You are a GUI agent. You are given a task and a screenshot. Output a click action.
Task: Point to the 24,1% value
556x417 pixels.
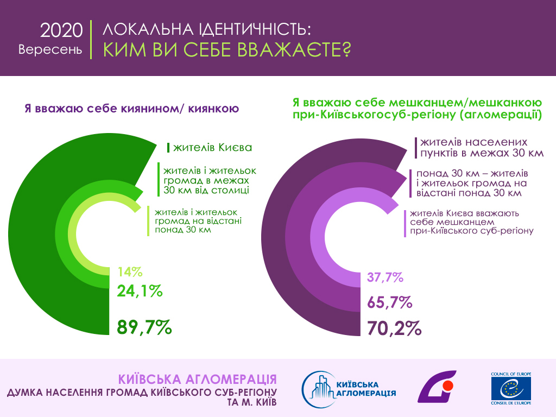(140, 291)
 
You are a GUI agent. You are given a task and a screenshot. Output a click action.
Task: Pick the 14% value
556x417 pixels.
(129, 271)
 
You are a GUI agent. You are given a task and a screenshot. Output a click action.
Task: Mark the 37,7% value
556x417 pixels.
(385, 278)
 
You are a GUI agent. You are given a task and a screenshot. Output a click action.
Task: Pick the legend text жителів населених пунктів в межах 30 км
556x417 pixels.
(481, 148)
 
